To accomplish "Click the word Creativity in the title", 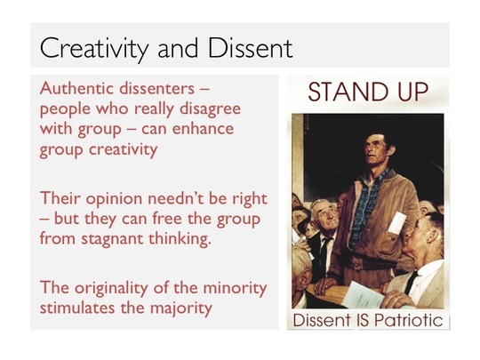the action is coord(94,48).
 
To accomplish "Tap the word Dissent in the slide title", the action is coord(250,47).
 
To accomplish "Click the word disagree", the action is coord(210,109).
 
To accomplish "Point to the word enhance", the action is coord(203,129).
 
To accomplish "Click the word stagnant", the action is coord(112,239).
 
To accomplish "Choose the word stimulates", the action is coord(78,308).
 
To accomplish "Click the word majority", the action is coord(181,308).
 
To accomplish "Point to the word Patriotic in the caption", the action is coord(408,320).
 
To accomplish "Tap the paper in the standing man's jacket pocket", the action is coord(396,223).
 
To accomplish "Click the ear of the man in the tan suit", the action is coord(432,234).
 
